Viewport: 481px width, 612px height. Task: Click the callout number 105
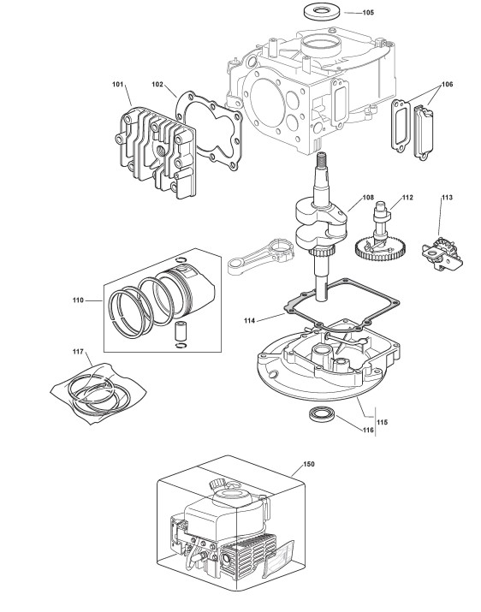[368, 13]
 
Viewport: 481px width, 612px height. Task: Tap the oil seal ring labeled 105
[322, 10]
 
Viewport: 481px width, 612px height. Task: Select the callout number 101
[117, 84]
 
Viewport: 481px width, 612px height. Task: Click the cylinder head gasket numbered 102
[209, 131]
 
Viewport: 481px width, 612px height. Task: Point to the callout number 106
[447, 84]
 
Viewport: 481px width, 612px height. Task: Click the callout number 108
[368, 198]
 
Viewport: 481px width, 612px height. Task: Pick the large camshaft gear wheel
[381, 250]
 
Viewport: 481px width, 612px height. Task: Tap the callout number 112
[407, 198]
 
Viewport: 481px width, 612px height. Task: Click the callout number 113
[447, 198]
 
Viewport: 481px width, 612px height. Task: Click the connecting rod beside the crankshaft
[260, 257]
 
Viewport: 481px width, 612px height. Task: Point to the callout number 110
[78, 300]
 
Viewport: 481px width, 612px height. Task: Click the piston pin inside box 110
[181, 330]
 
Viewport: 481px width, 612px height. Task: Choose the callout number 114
[249, 320]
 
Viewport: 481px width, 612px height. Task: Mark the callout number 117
[78, 352]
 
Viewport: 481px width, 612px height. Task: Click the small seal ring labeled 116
[322, 414]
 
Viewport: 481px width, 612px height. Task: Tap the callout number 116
[368, 431]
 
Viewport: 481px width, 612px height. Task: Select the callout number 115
[383, 422]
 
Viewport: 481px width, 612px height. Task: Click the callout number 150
[308, 464]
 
